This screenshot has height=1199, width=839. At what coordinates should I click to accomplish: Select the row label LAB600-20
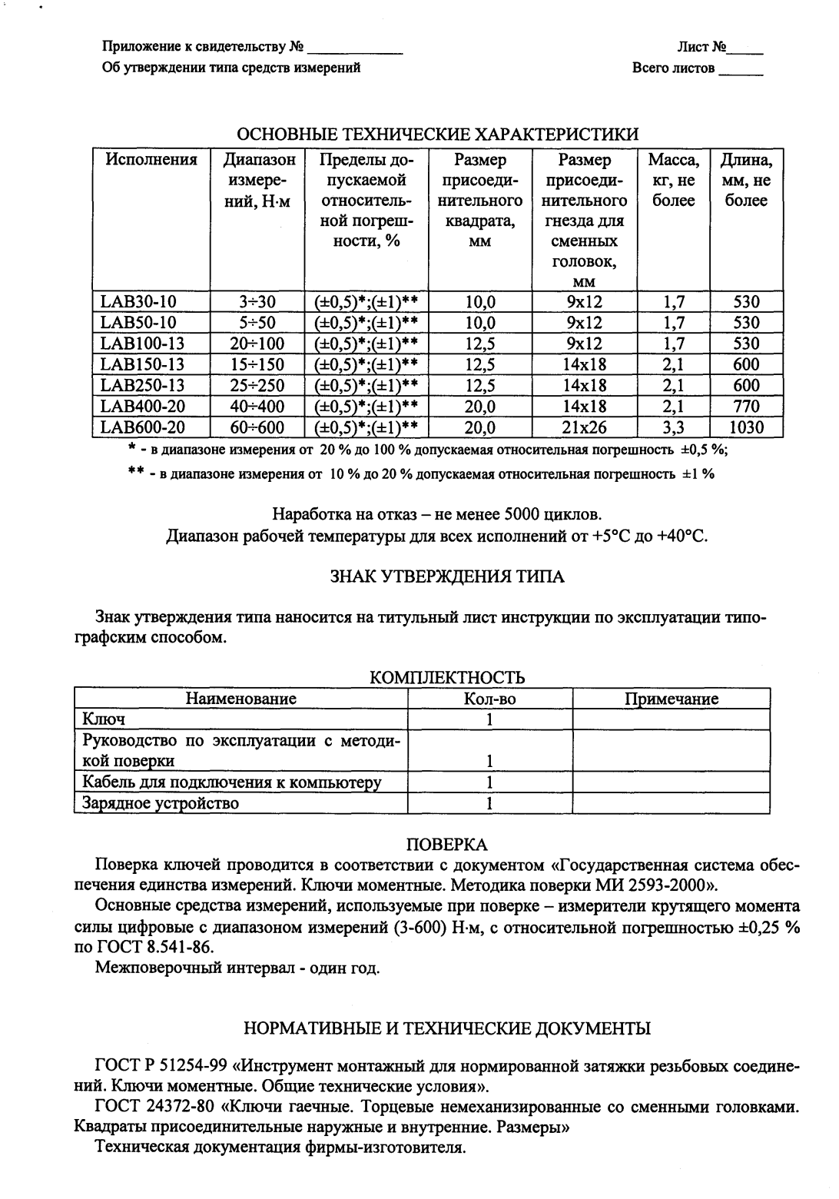point(143,427)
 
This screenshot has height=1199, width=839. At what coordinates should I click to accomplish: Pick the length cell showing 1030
point(745,427)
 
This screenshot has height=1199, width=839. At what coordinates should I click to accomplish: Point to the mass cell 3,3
point(673,427)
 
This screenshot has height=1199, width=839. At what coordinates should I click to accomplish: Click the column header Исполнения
point(151,161)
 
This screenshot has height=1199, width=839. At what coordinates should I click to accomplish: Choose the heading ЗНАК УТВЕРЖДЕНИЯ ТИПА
point(447,576)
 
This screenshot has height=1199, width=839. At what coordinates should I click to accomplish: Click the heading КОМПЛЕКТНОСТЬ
point(447,677)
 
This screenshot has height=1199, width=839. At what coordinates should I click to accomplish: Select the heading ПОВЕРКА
point(446,845)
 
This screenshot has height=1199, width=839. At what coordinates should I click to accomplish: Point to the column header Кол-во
point(489,699)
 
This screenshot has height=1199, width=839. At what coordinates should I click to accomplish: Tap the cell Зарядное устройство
point(161,804)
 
